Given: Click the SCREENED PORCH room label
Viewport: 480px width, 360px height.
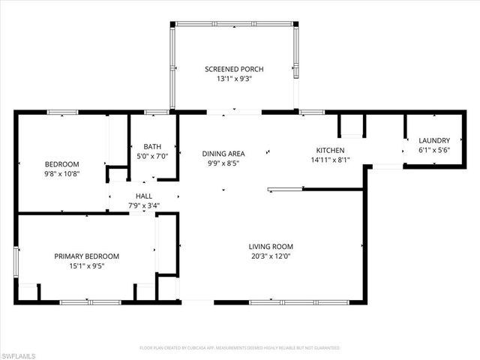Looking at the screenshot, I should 234,69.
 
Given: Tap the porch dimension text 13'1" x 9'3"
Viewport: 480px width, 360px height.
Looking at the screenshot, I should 234,79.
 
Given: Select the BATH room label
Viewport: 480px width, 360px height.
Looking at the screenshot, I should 153,146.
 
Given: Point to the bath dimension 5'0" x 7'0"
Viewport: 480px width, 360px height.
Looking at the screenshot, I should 153,156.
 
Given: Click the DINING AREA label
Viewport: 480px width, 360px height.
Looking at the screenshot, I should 223,154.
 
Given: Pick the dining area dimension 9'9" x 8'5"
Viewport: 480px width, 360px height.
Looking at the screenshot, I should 223,163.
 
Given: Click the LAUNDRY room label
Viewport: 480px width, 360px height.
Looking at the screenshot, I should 433,140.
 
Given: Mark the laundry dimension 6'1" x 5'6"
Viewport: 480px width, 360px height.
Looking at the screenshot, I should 433,150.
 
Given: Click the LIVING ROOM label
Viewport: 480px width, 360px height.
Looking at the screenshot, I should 271,246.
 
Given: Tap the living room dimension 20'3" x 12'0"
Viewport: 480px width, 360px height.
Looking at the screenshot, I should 271,256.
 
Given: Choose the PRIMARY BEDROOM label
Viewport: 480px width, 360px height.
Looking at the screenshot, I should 86,256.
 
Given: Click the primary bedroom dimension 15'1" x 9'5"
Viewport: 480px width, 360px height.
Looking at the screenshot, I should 86,265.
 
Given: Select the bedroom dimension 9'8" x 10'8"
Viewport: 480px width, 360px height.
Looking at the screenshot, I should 61,173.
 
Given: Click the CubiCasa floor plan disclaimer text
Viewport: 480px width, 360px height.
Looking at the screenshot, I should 239,348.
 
